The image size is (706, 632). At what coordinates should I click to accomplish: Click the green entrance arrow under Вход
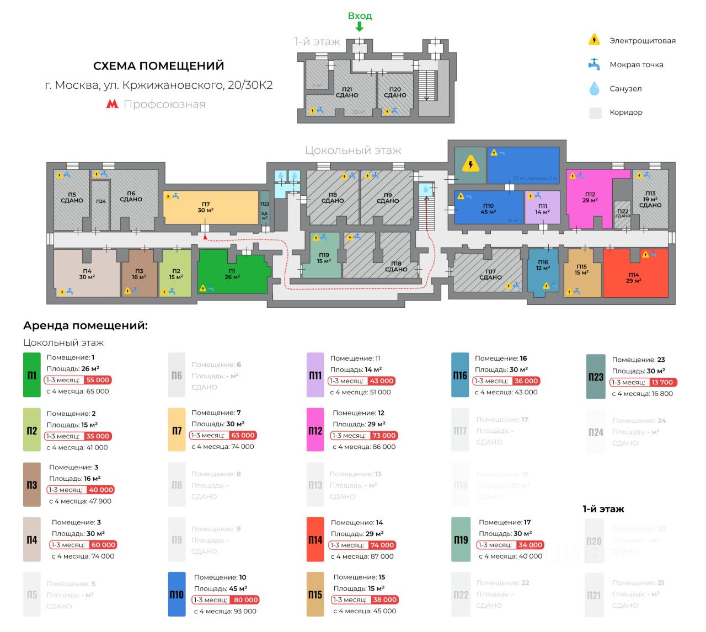[359, 26]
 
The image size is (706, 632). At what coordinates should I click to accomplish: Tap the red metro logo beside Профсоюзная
[112, 104]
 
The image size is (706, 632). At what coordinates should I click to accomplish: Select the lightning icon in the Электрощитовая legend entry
[594, 40]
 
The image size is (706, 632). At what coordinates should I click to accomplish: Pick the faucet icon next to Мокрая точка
[594, 64]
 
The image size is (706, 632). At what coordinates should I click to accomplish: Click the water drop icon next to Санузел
[594, 88]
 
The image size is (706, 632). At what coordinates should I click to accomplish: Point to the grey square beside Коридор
[595, 113]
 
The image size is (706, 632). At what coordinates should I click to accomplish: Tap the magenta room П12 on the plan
[590, 199]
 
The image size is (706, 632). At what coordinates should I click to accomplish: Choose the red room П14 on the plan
[634, 276]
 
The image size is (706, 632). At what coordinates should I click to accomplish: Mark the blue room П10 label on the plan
[488, 208]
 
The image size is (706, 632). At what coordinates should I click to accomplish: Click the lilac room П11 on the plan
[542, 208]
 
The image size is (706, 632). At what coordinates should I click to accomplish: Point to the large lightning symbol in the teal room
[470, 164]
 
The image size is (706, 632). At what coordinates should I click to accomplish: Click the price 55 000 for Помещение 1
[98, 380]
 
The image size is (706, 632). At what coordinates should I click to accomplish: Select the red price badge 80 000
[245, 600]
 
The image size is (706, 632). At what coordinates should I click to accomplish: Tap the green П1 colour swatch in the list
[32, 376]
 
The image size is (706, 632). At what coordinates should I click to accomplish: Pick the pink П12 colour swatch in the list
[315, 430]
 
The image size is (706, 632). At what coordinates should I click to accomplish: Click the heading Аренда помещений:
[85, 325]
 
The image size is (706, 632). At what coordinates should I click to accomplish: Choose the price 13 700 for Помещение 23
[662, 382]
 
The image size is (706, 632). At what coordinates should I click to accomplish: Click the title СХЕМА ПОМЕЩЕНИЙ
[158, 66]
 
